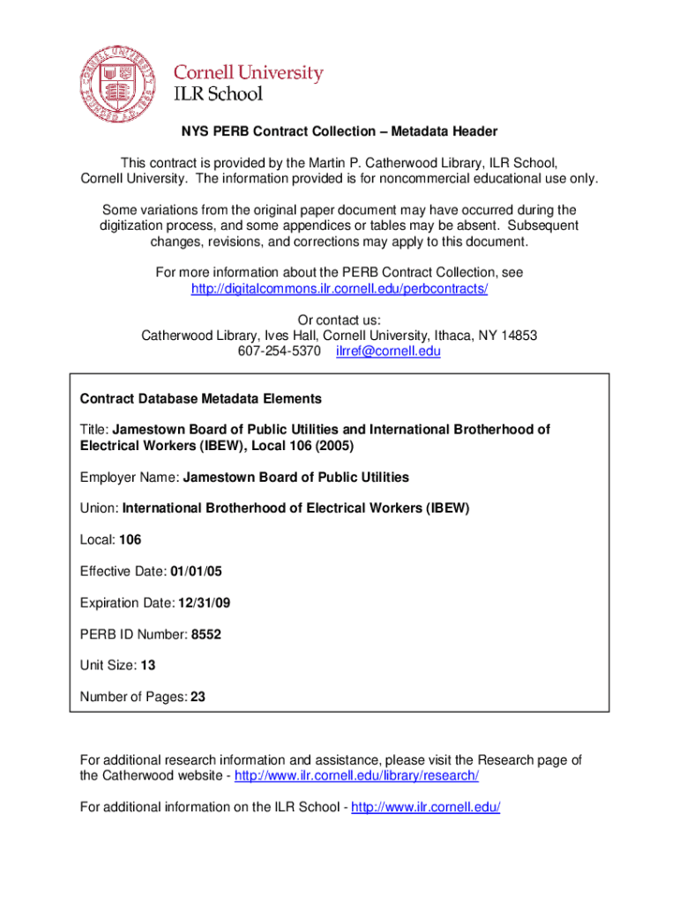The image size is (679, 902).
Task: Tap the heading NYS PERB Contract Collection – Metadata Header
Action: pyautogui.click(x=339, y=131)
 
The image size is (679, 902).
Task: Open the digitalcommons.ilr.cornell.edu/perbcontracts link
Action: pyautogui.click(x=339, y=289)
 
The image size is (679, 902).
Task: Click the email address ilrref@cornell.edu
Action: pyautogui.click(x=388, y=351)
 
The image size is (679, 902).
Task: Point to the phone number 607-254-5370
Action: pyautogui.click(x=280, y=351)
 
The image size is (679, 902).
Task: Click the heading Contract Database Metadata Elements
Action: pyautogui.click(x=201, y=398)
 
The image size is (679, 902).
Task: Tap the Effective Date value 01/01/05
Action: pyautogui.click(x=197, y=571)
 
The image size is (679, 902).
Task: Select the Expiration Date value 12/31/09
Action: pyautogui.click(x=204, y=603)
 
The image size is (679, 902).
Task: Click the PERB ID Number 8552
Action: pyautogui.click(x=205, y=633)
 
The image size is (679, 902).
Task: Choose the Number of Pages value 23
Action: pyautogui.click(x=198, y=697)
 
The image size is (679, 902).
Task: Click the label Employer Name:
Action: pyautogui.click(x=130, y=477)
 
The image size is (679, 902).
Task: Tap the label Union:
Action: pyautogui.click(x=99, y=507)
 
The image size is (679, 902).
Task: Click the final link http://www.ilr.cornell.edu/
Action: pyautogui.click(x=425, y=807)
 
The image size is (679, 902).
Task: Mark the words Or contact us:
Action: pyautogui.click(x=339, y=320)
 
